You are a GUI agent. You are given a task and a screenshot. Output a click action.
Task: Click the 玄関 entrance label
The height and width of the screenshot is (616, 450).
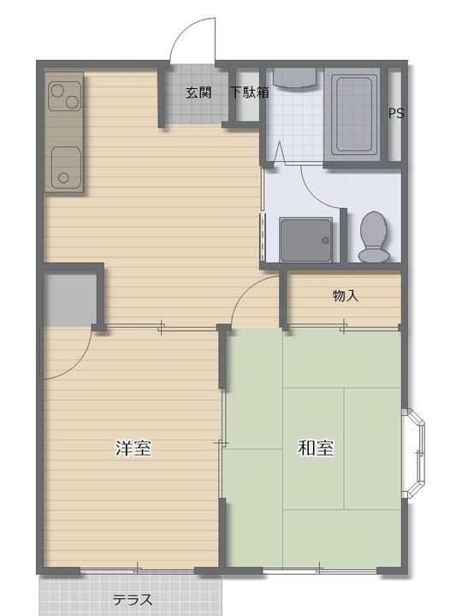pyautogui.click(x=198, y=92)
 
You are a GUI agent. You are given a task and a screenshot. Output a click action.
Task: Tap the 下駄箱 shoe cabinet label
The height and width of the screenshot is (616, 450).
pyautogui.click(x=250, y=92)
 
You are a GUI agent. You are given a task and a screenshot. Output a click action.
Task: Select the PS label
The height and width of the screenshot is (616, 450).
pyautogui.click(x=396, y=113)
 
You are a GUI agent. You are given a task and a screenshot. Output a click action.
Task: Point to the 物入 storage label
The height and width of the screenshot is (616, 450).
pyautogui.click(x=346, y=295)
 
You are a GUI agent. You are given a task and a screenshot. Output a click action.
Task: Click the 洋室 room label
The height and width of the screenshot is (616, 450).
pyautogui.click(x=133, y=447)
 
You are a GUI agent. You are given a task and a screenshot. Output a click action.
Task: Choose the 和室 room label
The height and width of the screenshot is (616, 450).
pyautogui.click(x=316, y=447)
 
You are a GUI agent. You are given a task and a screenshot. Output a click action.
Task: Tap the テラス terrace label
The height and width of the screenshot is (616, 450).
pyautogui.click(x=133, y=600)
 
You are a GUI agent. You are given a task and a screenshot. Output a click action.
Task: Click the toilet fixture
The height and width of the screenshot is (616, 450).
pyautogui.click(x=374, y=237)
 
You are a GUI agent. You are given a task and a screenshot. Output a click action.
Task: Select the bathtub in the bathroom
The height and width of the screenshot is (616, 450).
pyautogui.click(x=352, y=114)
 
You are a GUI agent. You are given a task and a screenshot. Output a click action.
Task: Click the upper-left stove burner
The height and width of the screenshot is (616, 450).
pyautogui.click(x=57, y=91)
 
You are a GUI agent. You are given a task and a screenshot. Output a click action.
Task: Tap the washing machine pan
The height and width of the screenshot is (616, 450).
pyautogui.click(x=306, y=240)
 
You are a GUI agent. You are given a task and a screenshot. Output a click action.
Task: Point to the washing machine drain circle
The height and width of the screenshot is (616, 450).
pyautogui.click(x=325, y=240)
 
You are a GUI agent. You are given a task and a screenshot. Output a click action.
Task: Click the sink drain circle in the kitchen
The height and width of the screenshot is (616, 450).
pyautogui.click(x=63, y=178)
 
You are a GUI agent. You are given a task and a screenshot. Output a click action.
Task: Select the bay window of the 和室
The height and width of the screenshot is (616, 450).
pyautogui.click(x=414, y=453)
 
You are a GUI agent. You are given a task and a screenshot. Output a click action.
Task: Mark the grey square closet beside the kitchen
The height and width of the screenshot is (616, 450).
pyautogui.click(x=71, y=299)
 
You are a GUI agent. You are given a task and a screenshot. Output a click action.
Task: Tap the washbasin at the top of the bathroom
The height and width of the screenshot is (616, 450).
pyautogui.click(x=294, y=78)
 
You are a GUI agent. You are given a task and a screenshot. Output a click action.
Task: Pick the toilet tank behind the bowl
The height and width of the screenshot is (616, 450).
pyautogui.click(x=374, y=255)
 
